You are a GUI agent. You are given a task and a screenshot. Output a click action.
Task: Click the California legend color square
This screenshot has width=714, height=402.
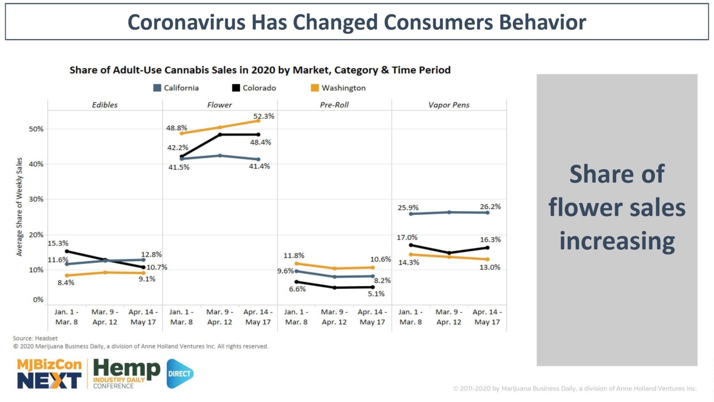(x=157, y=88)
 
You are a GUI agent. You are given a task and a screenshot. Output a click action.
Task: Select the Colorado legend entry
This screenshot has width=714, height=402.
(x=254, y=88)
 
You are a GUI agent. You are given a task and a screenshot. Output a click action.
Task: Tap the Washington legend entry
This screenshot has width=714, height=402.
(x=338, y=88)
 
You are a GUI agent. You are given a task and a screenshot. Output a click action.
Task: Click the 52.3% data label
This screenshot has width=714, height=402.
(x=264, y=116)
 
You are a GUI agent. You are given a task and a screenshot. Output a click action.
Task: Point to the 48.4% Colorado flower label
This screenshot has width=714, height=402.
(x=260, y=142)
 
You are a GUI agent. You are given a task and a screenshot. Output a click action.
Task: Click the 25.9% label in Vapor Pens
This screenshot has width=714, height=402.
(x=408, y=208)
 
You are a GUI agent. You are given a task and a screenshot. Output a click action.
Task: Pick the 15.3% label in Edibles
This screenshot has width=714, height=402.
(x=58, y=243)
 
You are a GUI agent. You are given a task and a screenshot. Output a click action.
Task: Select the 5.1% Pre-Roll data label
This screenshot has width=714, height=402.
(x=376, y=294)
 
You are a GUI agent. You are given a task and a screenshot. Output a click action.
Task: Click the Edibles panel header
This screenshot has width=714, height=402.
(x=105, y=105)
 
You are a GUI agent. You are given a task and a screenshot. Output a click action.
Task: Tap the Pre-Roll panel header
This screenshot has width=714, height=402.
(x=334, y=105)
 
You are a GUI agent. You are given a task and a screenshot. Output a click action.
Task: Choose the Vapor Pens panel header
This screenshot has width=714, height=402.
(x=449, y=105)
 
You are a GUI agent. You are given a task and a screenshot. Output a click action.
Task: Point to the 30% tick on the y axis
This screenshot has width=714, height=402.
(x=36, y=199)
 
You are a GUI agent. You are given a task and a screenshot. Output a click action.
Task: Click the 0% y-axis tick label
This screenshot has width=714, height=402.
(x=38, y=300)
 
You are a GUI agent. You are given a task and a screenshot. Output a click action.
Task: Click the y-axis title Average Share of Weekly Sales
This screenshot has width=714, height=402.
(x=20, y=207)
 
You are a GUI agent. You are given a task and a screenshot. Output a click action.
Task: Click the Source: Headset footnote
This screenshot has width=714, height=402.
(x=35, y=338)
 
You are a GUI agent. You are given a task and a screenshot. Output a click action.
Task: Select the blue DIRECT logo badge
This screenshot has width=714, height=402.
(x=180, y=374)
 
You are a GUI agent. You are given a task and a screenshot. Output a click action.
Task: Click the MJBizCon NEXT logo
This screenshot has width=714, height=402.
(x=49, y=374)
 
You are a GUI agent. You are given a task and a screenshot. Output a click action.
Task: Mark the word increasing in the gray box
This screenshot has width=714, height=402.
(x=617, y=241)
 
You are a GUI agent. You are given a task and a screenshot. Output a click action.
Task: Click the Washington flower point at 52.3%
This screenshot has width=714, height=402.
(x=258, y=121)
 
